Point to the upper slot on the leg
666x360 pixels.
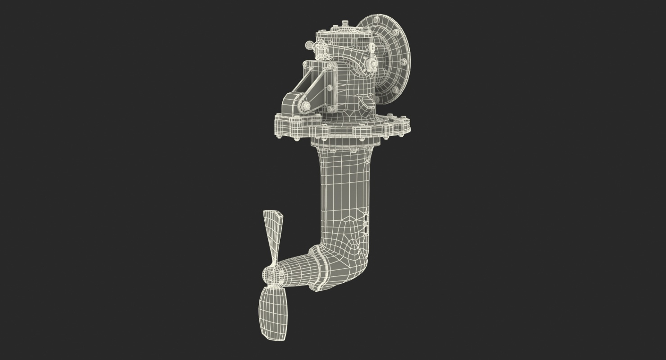pyautogui.click(x=365, y=217)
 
